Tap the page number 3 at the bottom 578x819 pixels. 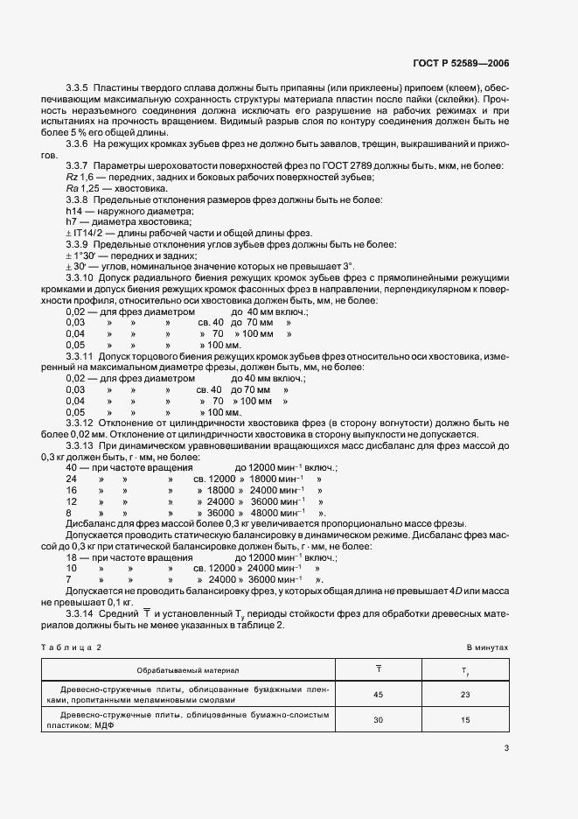[x=506, y=747]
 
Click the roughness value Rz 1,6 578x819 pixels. [x=79, y=178]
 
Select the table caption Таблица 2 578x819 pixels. [x=72, y=647]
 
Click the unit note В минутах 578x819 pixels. [x=487, y=647]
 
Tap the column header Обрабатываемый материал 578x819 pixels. [x=188, y=669]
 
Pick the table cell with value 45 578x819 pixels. [x=379, y=696]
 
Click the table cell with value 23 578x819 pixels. [x=465, y=696]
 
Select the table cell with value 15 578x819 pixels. [x=465, y=720]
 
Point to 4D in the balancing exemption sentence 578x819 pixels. [x=457, y=590]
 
